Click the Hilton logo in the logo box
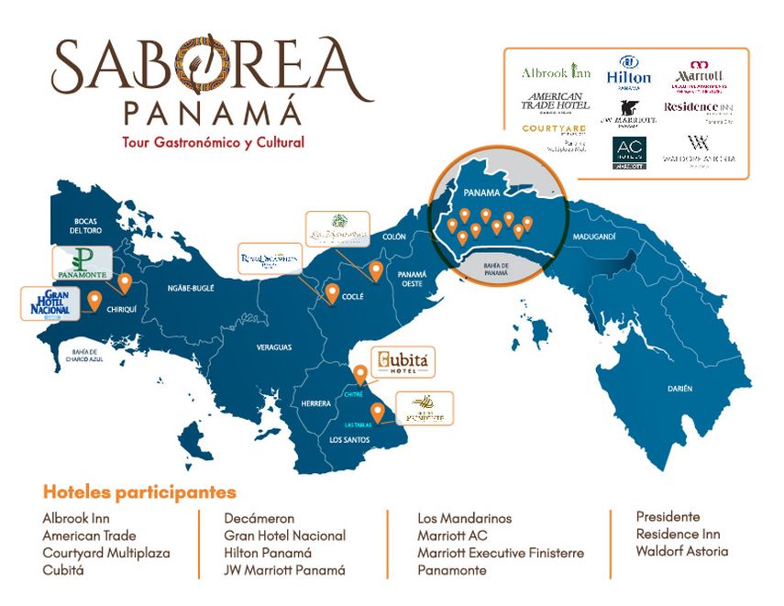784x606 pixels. coord(629,71)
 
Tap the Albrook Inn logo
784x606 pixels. coord(556,72)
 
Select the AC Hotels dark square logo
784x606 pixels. coord(629,152)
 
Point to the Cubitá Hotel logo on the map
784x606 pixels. coord(402,361)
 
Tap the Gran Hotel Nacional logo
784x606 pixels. coord(46,303)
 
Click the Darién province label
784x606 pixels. coord(679,389)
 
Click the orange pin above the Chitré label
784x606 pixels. coord(360,373)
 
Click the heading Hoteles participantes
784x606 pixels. coord(138,492)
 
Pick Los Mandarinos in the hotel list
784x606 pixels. coord(464,518)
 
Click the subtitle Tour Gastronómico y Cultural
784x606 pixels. coord(213,142)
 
